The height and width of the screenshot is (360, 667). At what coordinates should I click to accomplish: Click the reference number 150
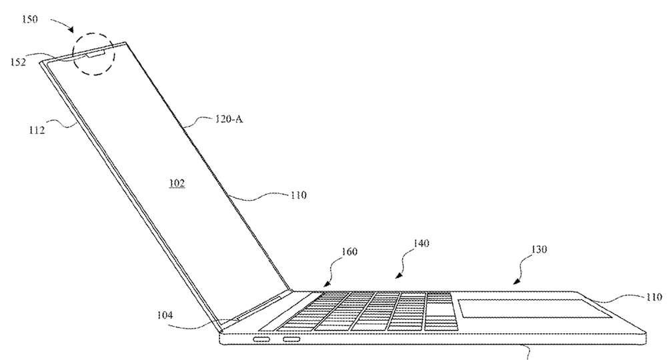coord(30,19)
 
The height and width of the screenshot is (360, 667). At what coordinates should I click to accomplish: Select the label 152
coord(18,62)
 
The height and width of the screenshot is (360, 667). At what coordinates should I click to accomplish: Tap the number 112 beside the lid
coord(37,131)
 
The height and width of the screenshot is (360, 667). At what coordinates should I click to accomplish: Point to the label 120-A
coord(229,119)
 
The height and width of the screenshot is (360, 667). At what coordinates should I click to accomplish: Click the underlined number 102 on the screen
coord(177,183)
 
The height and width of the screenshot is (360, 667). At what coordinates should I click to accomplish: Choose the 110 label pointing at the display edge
coord(299,195)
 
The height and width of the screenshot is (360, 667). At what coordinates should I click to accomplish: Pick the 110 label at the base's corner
coord(654,297)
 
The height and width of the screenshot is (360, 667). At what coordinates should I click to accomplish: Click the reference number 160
coord(350,251)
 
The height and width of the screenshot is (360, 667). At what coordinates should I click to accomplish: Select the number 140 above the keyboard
coord(421,243)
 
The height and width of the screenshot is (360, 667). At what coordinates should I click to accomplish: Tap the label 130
coord(538,249)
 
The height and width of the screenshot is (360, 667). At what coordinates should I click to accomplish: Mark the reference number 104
coord(165,315)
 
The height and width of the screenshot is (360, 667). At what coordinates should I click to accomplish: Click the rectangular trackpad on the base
coord(535,308)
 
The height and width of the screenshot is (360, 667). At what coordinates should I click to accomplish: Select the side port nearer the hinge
coord(261,339)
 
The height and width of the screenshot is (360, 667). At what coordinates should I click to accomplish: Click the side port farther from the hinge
coord(292,339)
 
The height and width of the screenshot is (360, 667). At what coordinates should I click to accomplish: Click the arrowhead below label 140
coord(398,276)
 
